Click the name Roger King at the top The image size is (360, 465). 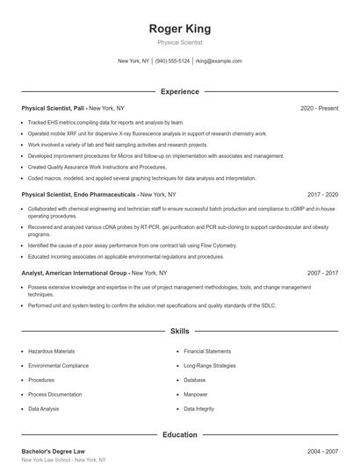tap(179, 29)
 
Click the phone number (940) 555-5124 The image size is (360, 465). tap(173, 61)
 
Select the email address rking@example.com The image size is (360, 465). tap(219, 61)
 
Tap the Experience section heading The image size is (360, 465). tap(179, 91)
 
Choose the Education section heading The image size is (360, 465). tap(179, 434)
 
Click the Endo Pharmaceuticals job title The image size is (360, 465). tap(79, 193)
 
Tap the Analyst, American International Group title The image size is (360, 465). tap(75, 273)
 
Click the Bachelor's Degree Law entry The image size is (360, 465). tap(54, 450)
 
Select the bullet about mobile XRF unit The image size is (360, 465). tap(140, 133)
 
